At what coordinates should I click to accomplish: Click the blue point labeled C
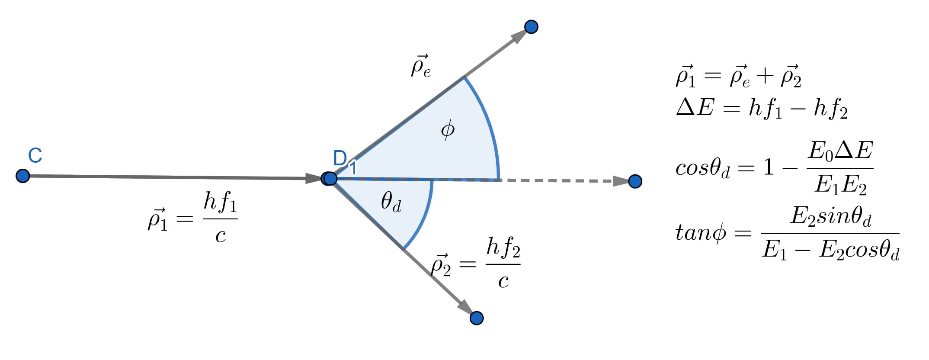pos(22,176)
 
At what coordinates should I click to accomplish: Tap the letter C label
pos(35,156)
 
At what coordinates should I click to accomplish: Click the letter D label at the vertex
pos(340,158)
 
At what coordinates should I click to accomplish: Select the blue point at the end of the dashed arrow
pos(635,181)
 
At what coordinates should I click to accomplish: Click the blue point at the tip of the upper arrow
pos(531,27)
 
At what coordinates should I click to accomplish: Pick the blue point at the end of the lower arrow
pos(477,318)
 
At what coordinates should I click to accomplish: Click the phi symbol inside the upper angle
pos(448,129)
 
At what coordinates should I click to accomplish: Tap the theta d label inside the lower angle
pos(391,202)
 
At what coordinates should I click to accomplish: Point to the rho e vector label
pos(421,66)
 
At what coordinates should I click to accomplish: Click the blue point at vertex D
pos(330,178)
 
